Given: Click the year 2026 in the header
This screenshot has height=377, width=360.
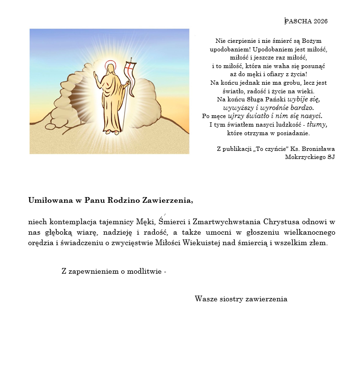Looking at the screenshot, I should [x=320, y=21].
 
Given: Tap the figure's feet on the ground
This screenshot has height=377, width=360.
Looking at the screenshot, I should [x=112, y=132].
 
